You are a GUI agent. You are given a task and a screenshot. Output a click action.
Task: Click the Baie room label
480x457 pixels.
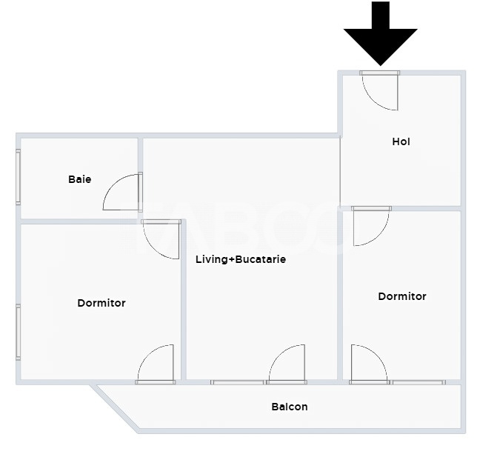coord(79,179)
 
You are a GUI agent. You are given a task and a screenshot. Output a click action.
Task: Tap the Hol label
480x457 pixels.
coord(401,141)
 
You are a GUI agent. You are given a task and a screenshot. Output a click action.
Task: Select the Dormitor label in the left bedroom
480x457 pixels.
coord(101,303)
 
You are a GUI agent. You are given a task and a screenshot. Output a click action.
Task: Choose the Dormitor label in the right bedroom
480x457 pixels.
coord(402,296)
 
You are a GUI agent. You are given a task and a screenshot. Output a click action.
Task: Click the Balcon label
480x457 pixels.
coord(290,407)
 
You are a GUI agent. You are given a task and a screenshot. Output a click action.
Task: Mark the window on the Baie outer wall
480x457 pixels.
coord(19,177)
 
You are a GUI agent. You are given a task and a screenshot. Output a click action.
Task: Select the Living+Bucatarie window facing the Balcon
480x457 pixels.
coord(237,382)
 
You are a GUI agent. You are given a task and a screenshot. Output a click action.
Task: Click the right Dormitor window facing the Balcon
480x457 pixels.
coord(419,382)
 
